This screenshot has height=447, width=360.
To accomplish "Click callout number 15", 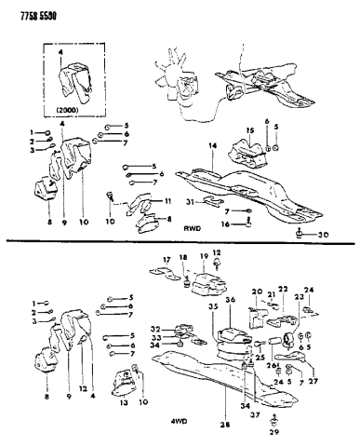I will click(x=248, y=130).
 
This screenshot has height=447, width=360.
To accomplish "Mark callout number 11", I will click(x=168, y=201).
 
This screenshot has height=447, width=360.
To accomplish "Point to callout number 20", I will click(x=258, y=291).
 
